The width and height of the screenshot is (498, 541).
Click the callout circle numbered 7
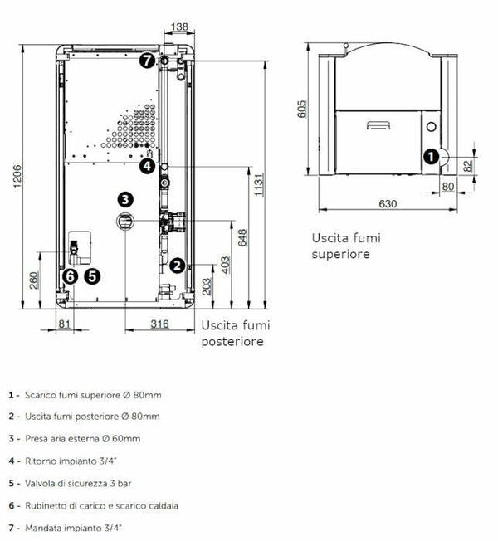(147, 61)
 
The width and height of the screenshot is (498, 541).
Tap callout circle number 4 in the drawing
(147, 166)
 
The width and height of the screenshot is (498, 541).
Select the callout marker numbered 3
(124, 199)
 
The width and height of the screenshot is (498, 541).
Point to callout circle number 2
(177, 266)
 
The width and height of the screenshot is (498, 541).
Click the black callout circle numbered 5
(91, 276)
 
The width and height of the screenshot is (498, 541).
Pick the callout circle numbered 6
(70, 276)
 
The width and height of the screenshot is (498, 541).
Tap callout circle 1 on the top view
(430, 155)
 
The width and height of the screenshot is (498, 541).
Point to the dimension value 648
(242, 237)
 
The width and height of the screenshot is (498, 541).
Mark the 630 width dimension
(387, 203)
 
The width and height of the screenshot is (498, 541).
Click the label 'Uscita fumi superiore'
(340, 246)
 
